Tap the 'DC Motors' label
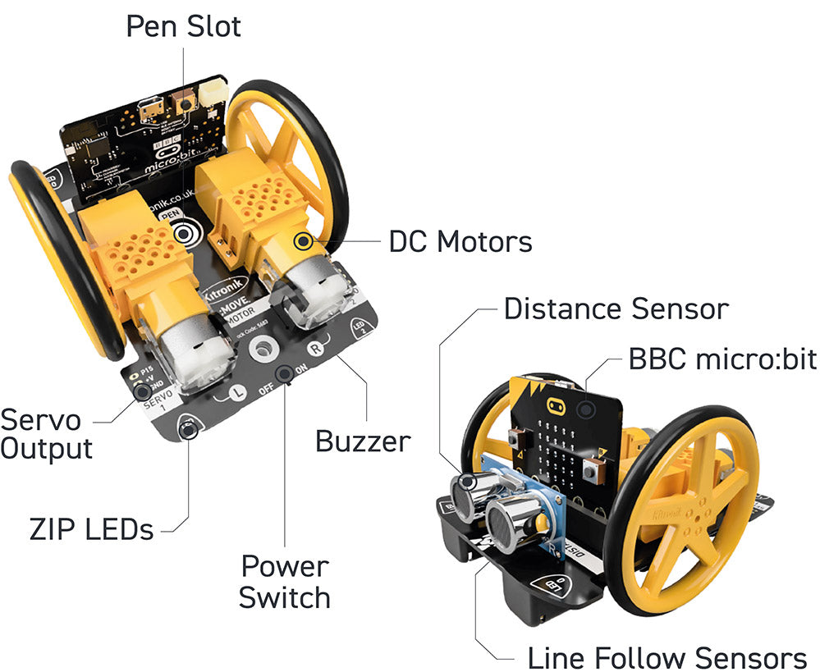coord(460,241)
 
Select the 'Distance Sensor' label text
coord(616,309)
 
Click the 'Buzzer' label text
coord(363,441)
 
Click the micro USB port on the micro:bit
coord(151,107)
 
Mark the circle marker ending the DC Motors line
coord(305,241)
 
